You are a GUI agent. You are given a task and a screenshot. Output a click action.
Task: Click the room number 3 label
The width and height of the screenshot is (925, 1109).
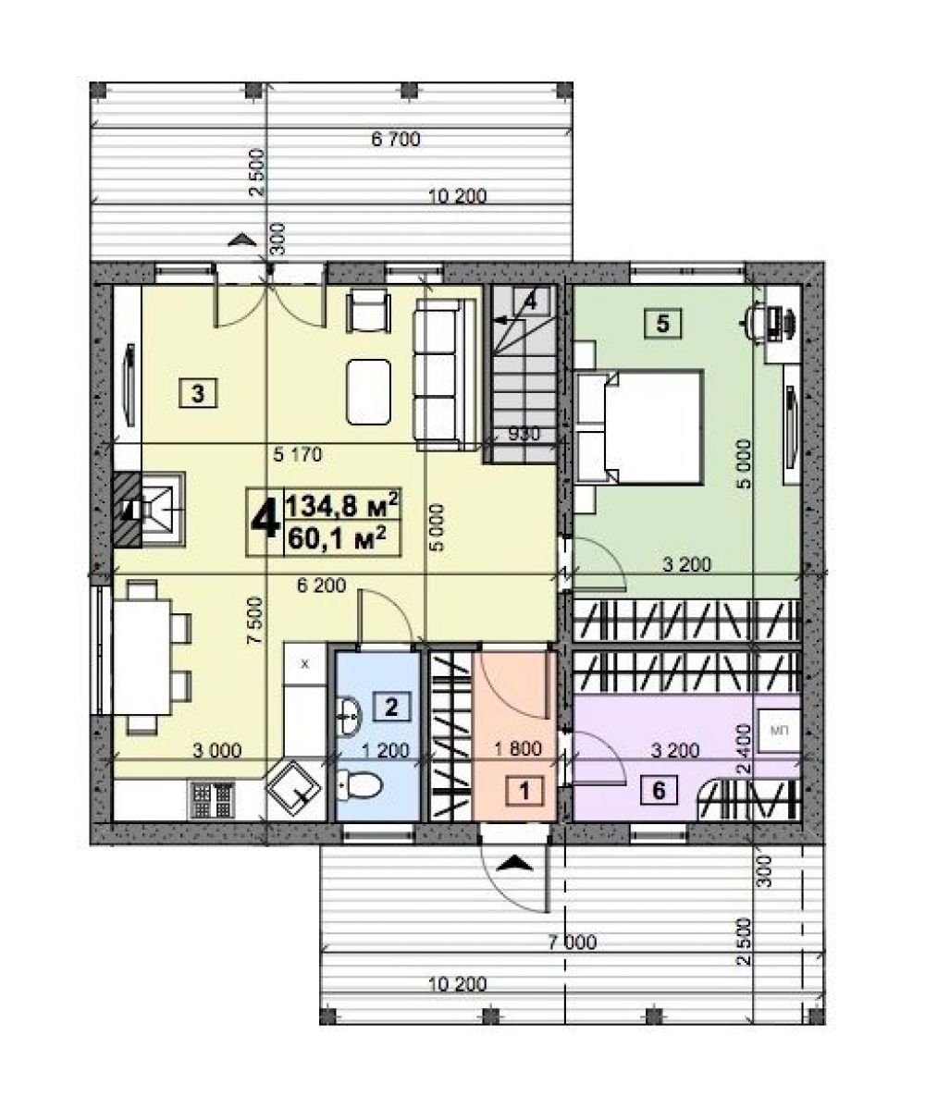(x=198, y=392)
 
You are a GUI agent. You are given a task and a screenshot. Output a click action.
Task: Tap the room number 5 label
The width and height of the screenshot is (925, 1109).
(x=662, y=324)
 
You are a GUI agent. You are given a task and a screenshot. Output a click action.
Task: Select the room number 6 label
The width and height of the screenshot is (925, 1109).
(x=659, y=789)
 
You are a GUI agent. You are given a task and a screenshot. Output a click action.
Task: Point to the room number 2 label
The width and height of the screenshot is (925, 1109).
(x=391, y=706)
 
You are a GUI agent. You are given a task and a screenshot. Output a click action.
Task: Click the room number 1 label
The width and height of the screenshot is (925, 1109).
(x=524, y=789)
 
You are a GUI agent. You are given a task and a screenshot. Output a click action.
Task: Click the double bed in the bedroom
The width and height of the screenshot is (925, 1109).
(x=640, y=427)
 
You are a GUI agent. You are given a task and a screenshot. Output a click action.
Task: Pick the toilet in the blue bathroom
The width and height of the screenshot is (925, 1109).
(x=359, y=784)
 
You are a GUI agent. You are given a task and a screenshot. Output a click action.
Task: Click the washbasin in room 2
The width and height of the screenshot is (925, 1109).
(x=349, y=717)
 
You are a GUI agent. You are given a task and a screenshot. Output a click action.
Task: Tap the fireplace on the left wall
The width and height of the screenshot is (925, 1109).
(x=150, y=510)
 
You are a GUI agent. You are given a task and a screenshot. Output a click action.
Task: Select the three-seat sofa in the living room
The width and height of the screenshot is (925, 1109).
(x=446, y=375)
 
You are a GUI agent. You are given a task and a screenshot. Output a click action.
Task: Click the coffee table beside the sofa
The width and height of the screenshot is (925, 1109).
(x=368, y=392)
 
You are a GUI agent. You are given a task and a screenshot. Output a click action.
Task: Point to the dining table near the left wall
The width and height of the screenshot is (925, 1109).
(x=142, y=657)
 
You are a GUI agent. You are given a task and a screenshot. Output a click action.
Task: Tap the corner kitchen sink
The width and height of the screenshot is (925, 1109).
(x=295, y=790)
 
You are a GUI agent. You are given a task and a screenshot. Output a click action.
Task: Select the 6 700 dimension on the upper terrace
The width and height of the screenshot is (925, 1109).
(x=396, y=140)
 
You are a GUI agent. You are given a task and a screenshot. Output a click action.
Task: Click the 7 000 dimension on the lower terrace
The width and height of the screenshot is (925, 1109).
(x=573, y=942)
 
